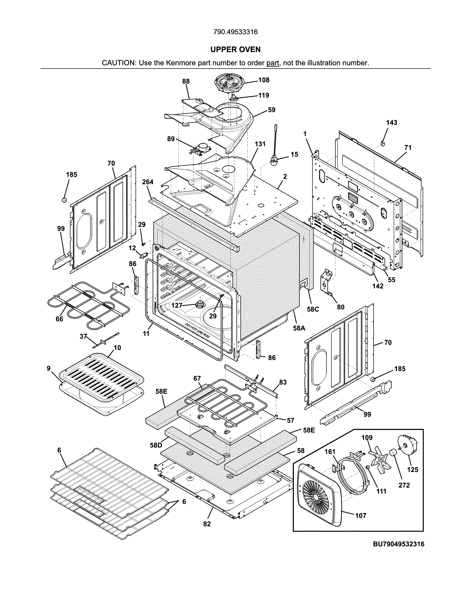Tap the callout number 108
pos(264,80)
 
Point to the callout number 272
pos(404,485)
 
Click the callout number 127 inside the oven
pos(177,305)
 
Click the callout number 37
pos(83,336)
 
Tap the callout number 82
pos(207,524)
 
